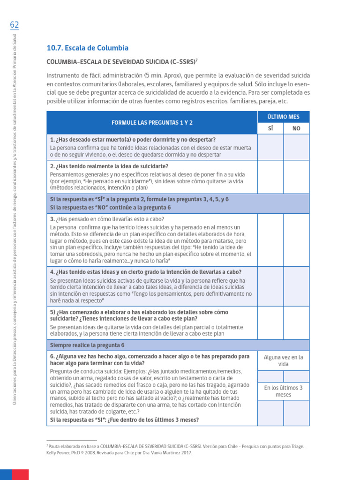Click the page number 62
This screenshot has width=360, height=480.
click(x=14, y=24)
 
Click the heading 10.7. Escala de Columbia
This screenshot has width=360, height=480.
click(x=87, y=48)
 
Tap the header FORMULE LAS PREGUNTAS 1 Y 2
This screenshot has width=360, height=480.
click(x=152, y=122)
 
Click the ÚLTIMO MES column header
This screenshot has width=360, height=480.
click(x=284, y=117)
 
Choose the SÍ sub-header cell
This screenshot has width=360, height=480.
click(x=270, y=128)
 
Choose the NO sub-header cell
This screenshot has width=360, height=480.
click(x=296, y=128)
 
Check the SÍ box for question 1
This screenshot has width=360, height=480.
click(x=270, y=147)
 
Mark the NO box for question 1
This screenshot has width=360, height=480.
click(x=296, y=147)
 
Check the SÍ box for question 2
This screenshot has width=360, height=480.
click(x=270, y=177)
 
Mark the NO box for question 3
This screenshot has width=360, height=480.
click(x=296, y=240)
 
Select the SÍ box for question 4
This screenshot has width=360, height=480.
click(x=270, y=286)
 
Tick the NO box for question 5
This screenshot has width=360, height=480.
click(x=296, y=322)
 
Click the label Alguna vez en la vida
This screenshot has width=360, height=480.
click(x=284, y=360)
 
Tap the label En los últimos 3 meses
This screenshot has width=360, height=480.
click(x=284, y=391)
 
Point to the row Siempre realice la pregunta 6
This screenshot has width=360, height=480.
click(x=88, y=345)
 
